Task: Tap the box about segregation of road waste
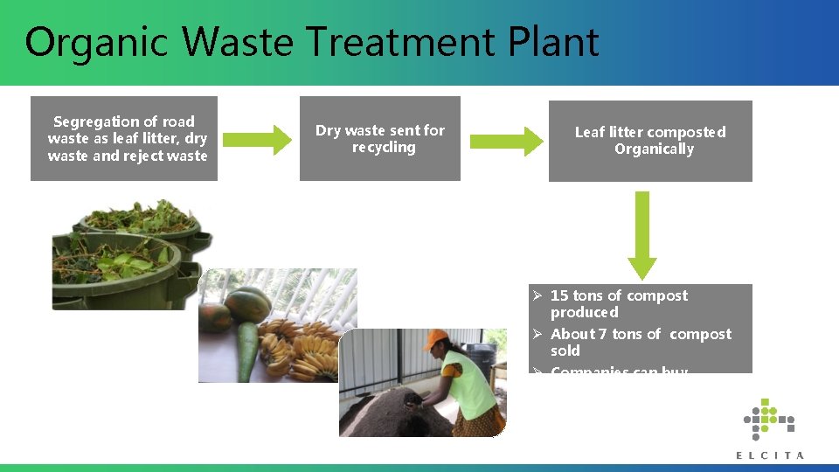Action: [124, 139]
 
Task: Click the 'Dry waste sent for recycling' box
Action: [380, 139]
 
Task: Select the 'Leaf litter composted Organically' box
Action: [650, 141]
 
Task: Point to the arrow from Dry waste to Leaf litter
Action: [506, 141]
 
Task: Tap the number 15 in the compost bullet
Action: [559, 295]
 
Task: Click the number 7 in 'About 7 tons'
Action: [603, 334]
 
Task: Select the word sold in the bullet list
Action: [565, 351]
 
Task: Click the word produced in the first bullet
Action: [584, 312]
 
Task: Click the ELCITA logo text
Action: [769, 455]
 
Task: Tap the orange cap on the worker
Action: [436, 339]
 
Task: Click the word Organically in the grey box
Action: [654, 149]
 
